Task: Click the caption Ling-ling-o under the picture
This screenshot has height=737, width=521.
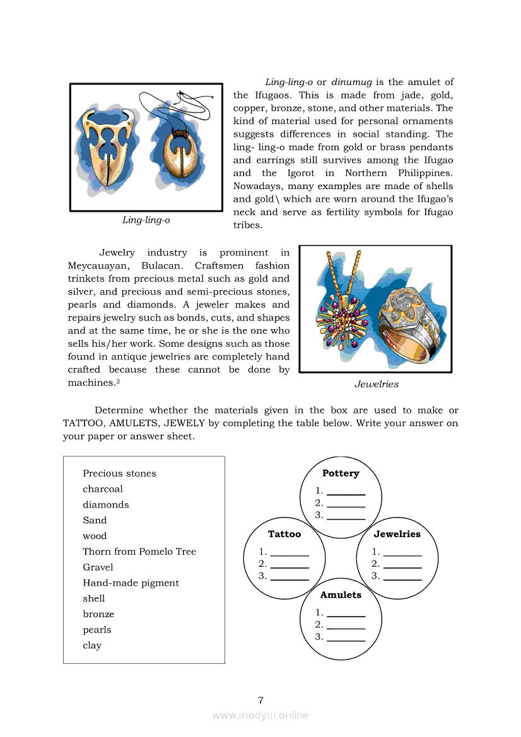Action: tap(146, 220)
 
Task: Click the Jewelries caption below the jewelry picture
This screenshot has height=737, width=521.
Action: tap(377, 384)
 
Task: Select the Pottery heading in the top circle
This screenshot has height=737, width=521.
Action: tap(341, 473)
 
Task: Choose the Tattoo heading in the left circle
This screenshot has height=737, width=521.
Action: tap(284, 534)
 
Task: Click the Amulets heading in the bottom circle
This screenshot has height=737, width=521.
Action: tap(341, 595)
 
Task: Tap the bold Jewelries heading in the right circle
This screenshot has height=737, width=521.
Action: tap(397, 534)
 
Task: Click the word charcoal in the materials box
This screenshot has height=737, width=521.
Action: tap(103, 489)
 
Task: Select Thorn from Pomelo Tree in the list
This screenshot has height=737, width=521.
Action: tap(139, 552)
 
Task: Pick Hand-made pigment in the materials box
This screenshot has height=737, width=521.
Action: tap(131, 583)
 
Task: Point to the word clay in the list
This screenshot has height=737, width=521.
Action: tap(92, 646)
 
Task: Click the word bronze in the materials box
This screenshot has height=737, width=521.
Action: tap(98, 614)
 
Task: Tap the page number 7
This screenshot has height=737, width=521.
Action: tap(260, 700)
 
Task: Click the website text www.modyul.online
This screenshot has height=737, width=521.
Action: tap(260, 715)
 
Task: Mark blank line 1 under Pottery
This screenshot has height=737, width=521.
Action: tap(346, 492)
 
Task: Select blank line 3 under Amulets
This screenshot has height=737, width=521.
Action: tap(346, 638)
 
